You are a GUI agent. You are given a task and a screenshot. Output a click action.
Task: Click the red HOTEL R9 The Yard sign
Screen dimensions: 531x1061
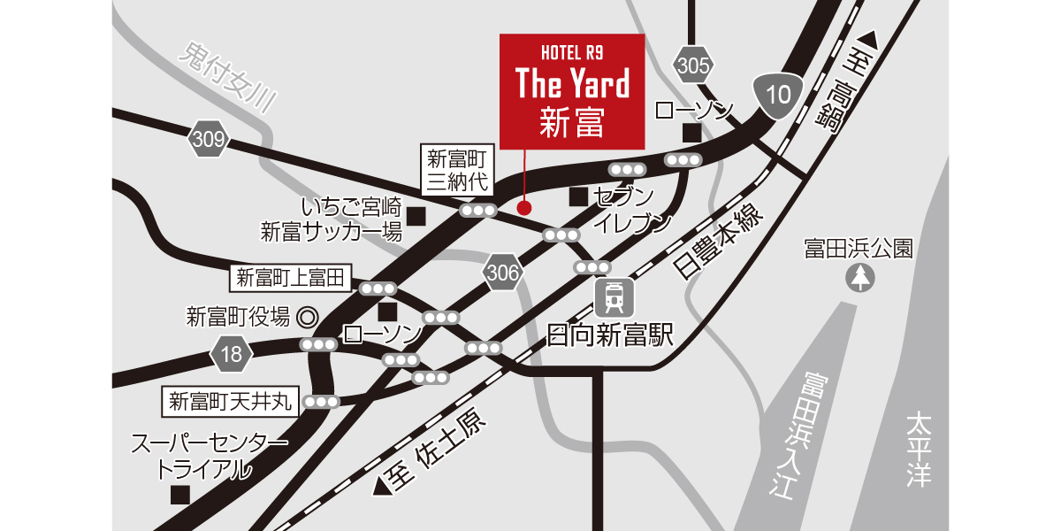(572, 91)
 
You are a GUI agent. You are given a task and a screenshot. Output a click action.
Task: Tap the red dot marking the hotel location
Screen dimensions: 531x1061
(524, 208)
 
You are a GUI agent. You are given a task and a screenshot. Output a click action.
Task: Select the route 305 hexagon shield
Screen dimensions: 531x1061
(692, 65)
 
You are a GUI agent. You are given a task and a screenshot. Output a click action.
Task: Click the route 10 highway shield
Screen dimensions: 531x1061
(778, 95)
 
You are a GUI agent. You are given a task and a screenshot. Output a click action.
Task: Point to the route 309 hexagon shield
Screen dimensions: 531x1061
(208, 139)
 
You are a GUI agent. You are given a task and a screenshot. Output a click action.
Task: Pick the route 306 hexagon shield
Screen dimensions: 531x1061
(502, 273)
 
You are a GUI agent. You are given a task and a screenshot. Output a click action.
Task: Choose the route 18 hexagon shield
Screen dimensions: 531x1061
(231, 356)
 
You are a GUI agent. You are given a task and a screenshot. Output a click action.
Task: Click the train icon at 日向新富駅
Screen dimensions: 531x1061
(612, 297)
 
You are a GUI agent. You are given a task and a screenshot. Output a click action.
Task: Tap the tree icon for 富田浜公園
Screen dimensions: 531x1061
(859, 279)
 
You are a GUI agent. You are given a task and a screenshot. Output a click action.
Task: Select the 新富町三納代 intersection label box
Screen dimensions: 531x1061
(457, 171)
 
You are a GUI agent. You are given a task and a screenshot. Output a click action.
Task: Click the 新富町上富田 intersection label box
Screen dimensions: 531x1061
(290, 278)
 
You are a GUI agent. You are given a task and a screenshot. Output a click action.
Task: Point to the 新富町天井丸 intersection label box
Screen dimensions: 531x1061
(230, 402)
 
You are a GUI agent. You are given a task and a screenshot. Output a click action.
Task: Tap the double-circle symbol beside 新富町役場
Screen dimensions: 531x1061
(307, 316)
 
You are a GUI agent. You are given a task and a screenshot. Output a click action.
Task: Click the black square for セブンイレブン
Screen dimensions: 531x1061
(577, 196)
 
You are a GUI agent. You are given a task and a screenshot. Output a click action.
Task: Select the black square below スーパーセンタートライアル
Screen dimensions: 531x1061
(180, 495)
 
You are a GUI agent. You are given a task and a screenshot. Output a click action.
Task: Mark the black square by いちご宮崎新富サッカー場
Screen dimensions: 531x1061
(416, 215)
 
